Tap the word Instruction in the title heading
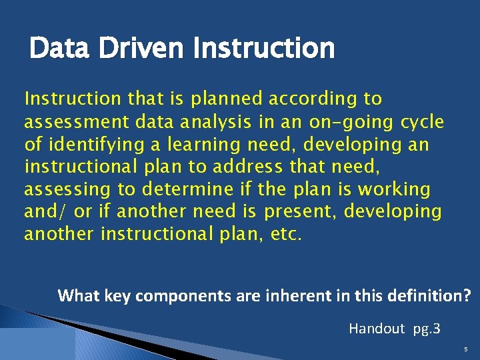click(263, 48)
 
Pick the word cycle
click(422, 122)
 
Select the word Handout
click(377, 328)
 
